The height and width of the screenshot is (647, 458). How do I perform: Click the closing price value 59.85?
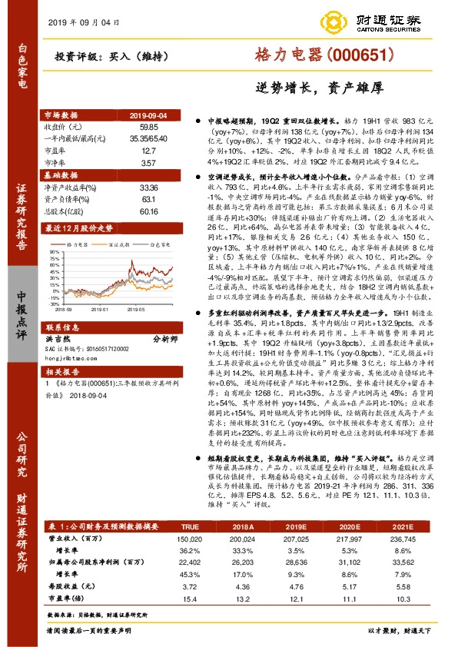point(149,125)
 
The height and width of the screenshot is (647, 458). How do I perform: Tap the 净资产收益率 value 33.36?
point(149,186)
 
